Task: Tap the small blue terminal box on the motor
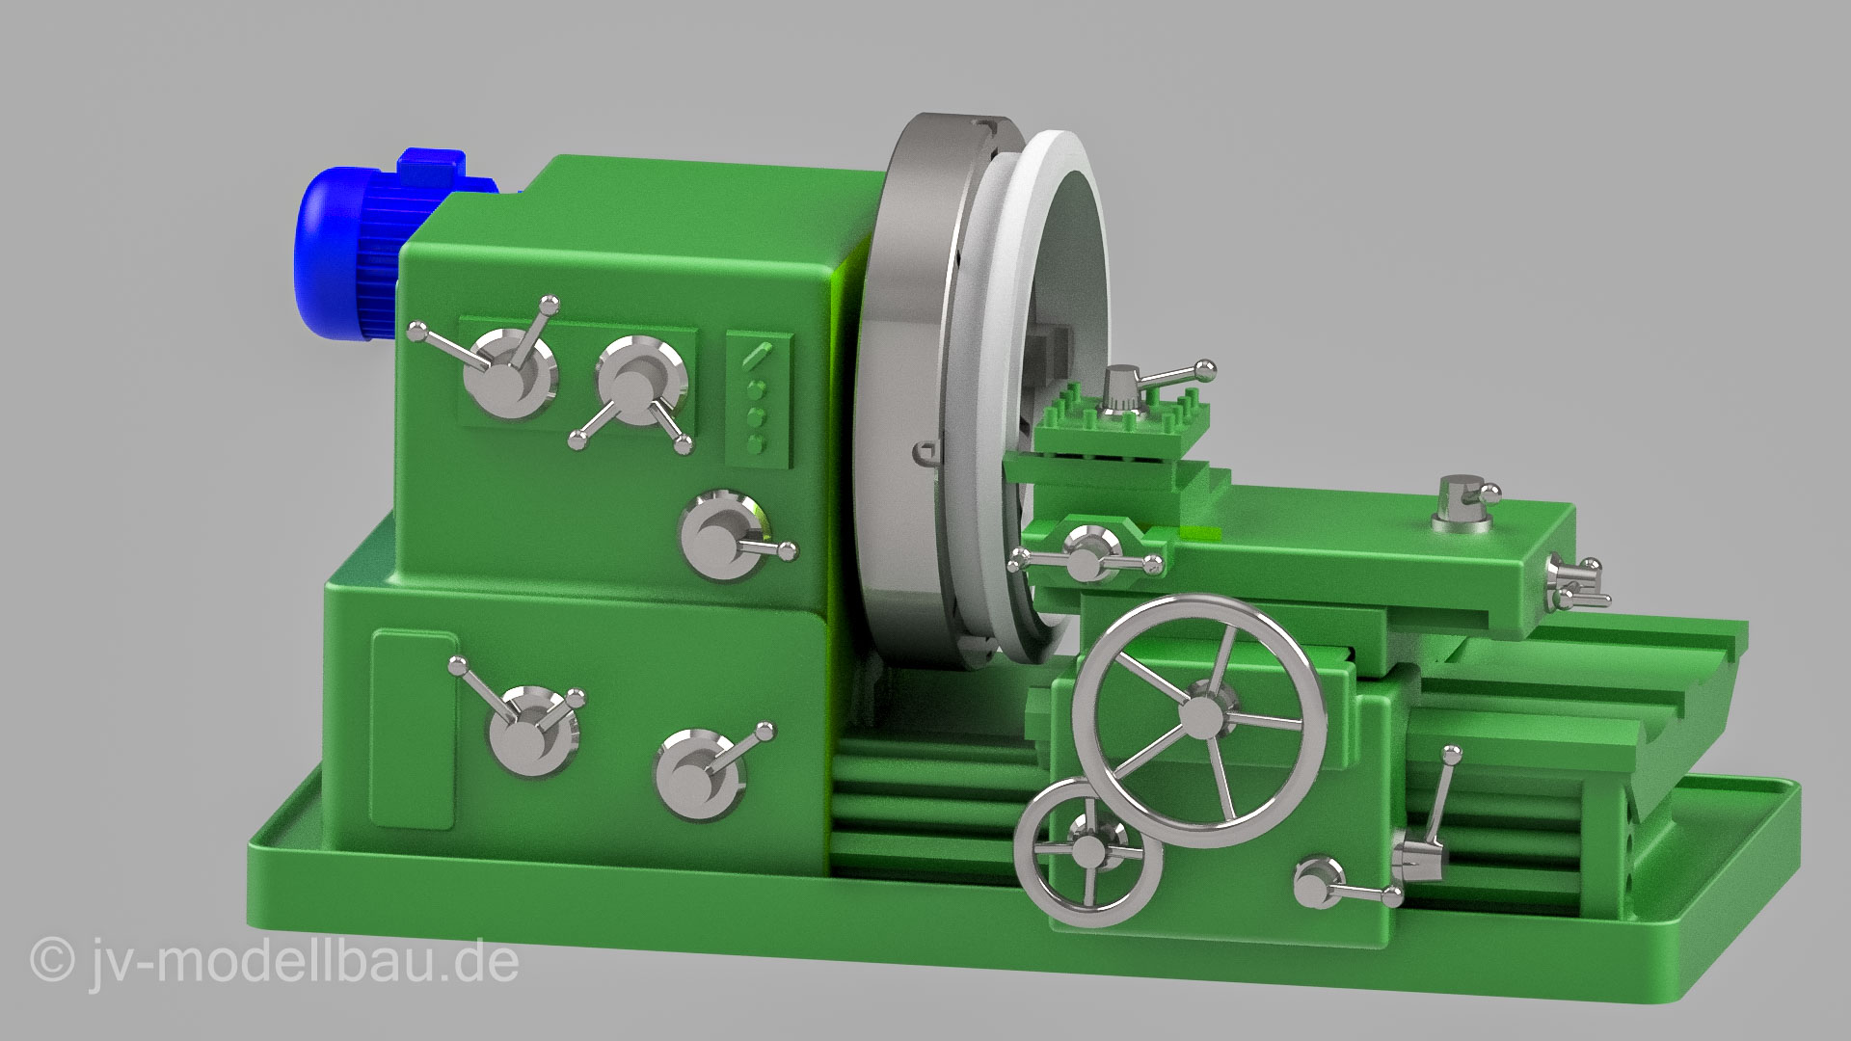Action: tap(429, 166)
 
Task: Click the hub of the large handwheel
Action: tap(1200, 714)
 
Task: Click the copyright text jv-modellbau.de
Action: tap(275, 961)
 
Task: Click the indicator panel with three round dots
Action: tap(758, 398)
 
